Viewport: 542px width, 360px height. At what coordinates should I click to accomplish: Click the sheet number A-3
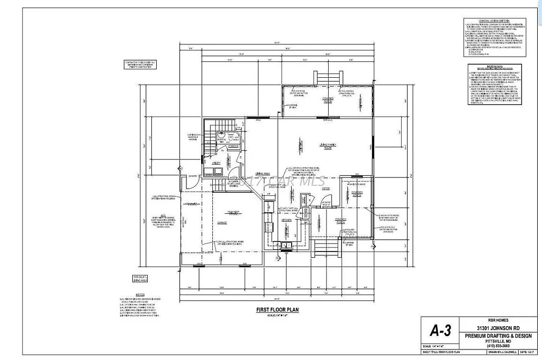440,332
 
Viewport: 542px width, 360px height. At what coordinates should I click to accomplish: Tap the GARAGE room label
221,223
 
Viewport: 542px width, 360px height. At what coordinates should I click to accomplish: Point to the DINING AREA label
256,174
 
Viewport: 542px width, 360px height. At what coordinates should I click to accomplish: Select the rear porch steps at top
324,78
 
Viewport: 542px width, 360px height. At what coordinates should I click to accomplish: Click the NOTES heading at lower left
125,293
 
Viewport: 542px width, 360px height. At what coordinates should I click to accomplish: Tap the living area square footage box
139,279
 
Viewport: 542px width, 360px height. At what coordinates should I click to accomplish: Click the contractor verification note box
139,65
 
